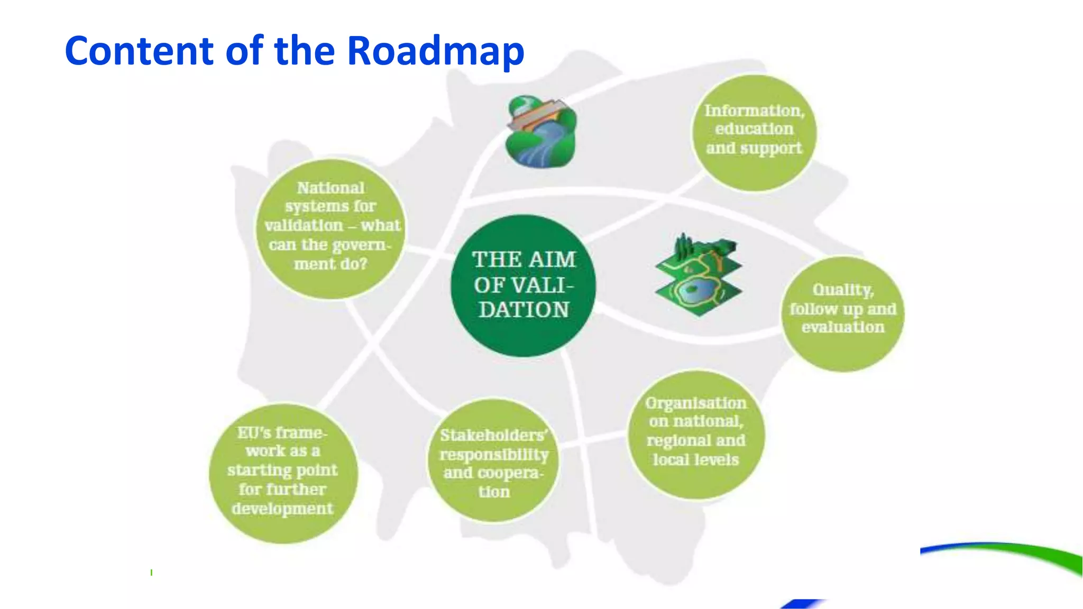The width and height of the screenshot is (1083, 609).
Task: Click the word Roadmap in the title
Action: coord(435,51)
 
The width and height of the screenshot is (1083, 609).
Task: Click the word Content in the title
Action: coord(139,51)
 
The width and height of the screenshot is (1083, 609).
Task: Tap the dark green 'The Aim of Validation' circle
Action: coord(523,285)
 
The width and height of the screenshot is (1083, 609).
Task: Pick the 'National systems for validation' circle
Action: coord(331,229)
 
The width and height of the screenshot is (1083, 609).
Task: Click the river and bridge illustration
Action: coord(540,132)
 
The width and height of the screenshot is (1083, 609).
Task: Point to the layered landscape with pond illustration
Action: coord(698,275)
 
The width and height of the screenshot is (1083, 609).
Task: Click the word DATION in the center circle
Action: coord(524,310)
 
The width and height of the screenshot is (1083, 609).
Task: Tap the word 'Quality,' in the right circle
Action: coord(843,290)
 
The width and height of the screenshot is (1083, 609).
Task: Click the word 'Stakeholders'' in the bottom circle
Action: coord(494,435)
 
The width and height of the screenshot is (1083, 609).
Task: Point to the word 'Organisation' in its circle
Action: coord(696,403)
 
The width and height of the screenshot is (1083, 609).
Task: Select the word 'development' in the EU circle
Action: coord(282,509)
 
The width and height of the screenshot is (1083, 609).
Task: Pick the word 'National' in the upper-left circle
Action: coord(331,188)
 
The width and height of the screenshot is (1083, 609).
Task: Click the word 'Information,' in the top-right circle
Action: coord(754,110)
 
